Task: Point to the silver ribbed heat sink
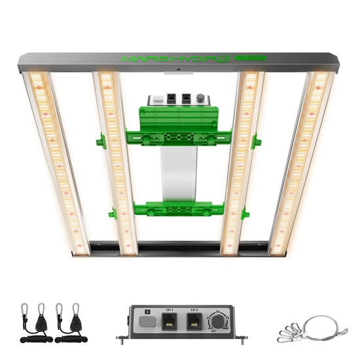point(177,173)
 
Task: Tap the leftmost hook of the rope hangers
point(27,310)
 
